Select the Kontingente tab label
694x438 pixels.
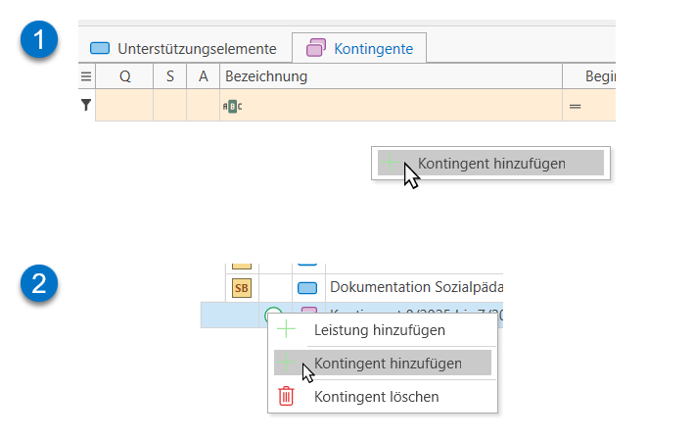(x=373, y=48)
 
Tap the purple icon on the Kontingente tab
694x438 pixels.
(x=316, y=48)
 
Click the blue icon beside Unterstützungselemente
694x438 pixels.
(x=100, y=48)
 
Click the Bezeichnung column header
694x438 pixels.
(x=265, y=76)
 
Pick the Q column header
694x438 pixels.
(x=124, y=76)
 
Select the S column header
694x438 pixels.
(x=169, y=76)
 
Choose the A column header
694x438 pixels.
(x=203, y=76)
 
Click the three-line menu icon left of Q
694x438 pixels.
(x=85, y=76)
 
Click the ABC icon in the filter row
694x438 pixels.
(x=232, y=105)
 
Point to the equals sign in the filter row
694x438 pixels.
(x=576, y=105)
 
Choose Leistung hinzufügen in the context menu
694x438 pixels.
(x=380, y=331)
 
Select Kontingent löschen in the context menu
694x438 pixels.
(x=376, y=397)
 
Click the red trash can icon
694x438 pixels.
(x=286, y=397)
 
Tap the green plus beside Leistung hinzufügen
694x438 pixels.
(x=286, y=331)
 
